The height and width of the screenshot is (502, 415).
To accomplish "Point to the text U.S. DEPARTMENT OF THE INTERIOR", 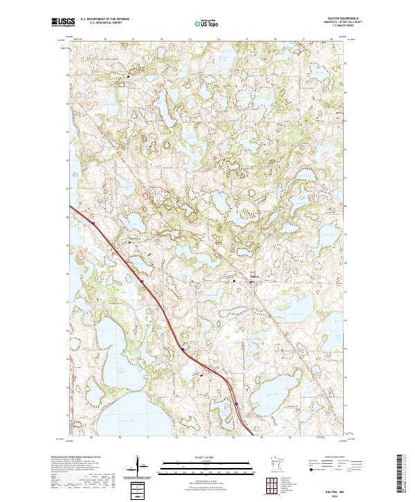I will (104, 19).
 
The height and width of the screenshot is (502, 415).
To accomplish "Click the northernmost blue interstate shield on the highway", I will (92, 222).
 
